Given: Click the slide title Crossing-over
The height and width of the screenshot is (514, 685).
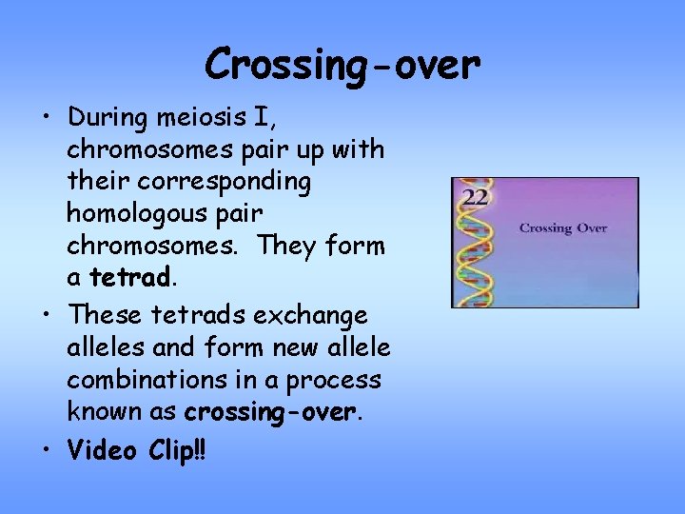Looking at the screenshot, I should [x=342, y=65].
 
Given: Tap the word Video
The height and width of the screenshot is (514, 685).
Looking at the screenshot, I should [x=104, y=449].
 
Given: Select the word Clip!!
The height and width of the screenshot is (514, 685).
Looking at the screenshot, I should [x=177, y=449].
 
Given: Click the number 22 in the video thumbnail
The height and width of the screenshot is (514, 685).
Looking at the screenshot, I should [x=474, y=197].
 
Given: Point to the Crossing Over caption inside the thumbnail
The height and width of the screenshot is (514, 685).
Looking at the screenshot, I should [x=562, y=228].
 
